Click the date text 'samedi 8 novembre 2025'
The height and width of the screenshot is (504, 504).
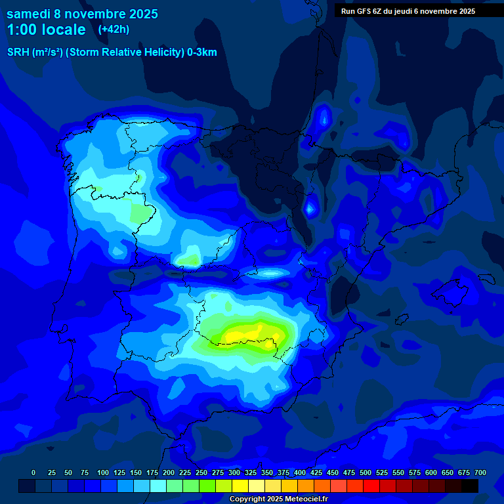point(82,14)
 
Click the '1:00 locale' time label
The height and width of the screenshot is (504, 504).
point(46,30)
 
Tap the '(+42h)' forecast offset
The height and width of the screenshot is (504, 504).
point(114,29)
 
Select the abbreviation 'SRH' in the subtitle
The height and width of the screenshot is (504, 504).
point(18,52)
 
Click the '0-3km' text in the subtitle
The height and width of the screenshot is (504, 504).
point(201,52)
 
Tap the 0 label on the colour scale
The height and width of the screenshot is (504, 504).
point(33,472)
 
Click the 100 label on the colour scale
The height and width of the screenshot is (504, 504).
point(103,472)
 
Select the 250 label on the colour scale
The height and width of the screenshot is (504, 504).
point(201,472)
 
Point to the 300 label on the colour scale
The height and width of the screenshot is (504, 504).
point(234,472)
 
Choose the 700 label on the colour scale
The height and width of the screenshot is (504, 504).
point(480,472)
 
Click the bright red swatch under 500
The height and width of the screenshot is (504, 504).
point(371,486)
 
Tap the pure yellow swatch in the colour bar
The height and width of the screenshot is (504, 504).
point(240,486)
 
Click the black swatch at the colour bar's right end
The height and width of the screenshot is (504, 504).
point(470,486)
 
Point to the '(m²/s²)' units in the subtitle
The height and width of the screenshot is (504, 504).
point(47,52)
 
